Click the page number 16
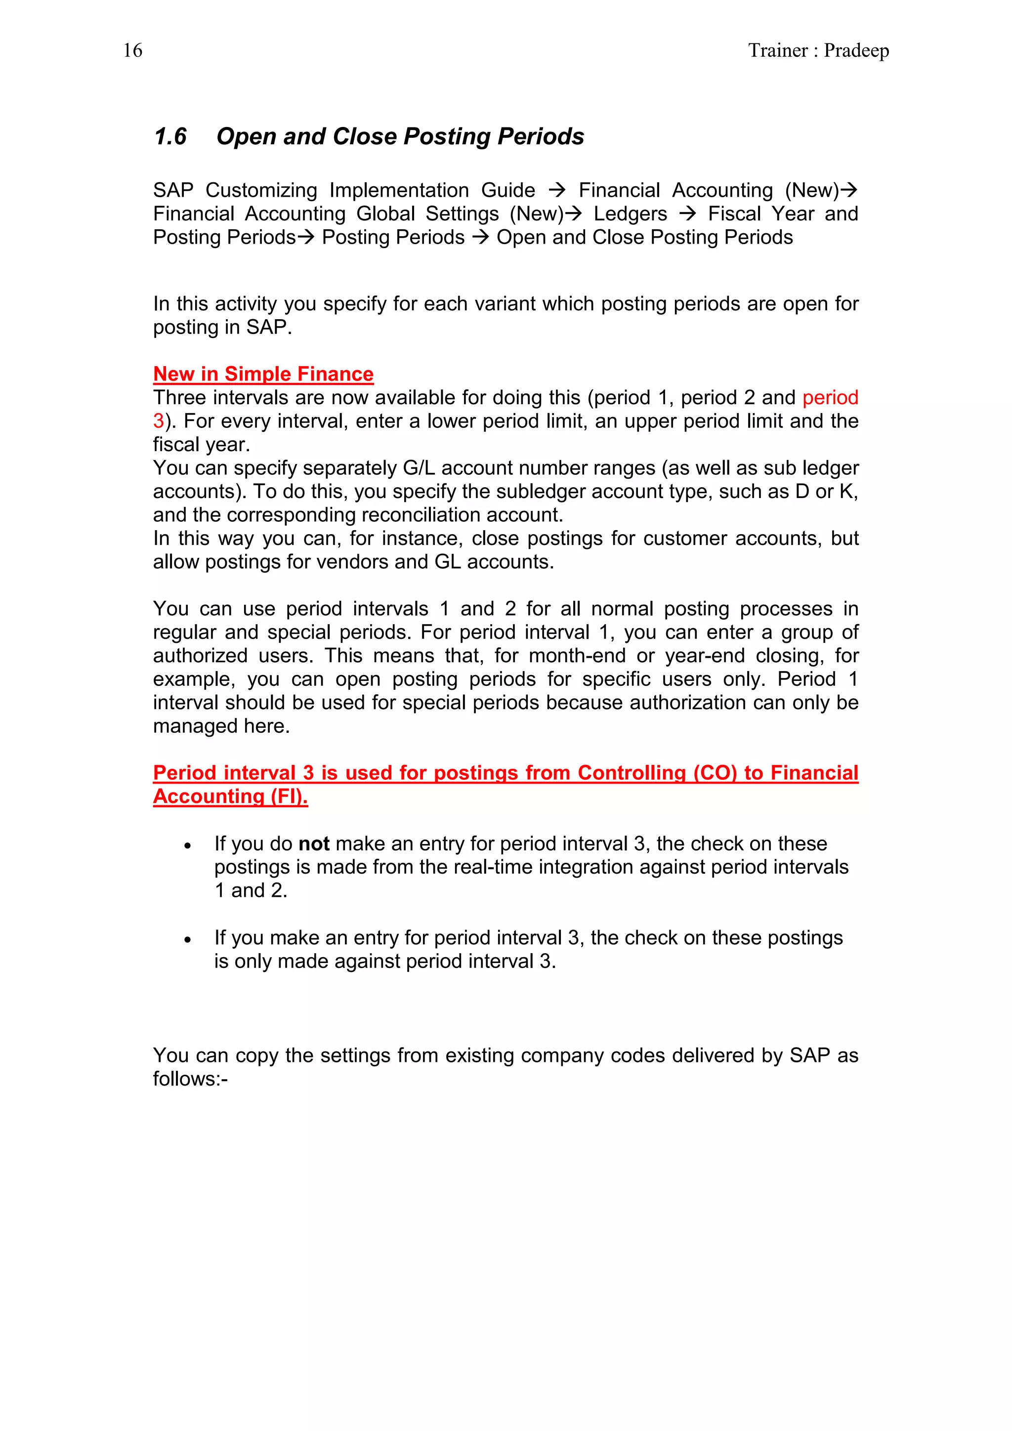click(x=133, y=50)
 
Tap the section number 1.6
click(x=170, y=136)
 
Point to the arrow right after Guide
click(x=556, y=190)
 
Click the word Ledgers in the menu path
click(x=630, y=214)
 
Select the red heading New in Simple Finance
click(x=263, y=374)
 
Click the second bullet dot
click(x=187, y=940)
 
